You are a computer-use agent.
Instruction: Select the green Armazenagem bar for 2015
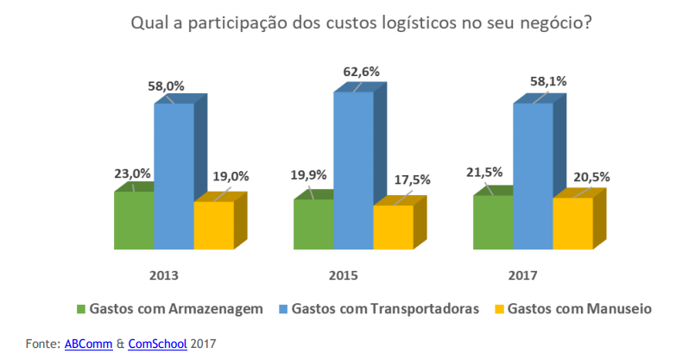(313, 224)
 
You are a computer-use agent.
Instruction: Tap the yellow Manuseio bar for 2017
(572, 224)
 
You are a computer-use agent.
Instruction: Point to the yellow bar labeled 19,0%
(213, 225)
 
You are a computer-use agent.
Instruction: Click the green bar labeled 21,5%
(493, 223)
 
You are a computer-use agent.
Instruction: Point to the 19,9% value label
(309, 176)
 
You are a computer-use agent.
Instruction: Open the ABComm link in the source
(88, 344)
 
